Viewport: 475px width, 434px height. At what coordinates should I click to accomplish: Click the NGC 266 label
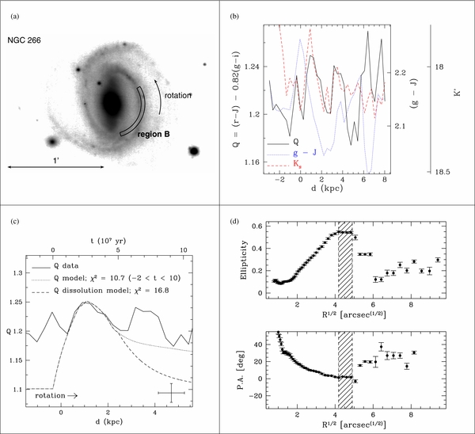24,40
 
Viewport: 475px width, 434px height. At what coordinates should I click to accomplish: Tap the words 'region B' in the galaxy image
154,135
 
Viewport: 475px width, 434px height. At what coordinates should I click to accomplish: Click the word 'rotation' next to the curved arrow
178,96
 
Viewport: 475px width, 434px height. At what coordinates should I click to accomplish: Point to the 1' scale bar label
56,161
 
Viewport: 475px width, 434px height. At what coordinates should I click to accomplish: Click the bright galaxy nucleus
112,103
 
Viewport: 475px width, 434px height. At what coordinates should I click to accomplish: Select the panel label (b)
234,17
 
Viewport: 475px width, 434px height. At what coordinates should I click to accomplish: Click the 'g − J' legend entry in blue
305,152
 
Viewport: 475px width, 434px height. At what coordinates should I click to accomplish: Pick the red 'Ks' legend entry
297,163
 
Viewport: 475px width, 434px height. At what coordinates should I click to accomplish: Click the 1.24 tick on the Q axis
252,67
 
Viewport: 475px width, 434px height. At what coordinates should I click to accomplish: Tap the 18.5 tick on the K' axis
443,172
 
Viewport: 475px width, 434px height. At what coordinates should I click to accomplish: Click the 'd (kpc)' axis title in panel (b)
327,188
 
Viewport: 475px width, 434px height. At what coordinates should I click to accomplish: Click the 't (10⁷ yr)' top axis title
108,242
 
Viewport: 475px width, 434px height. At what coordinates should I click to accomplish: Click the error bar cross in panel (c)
172,393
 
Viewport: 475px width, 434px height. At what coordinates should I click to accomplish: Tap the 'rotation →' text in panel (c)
56,395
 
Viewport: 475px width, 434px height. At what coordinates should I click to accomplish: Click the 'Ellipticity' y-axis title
244,260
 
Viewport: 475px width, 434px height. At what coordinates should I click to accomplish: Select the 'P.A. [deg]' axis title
241,370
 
